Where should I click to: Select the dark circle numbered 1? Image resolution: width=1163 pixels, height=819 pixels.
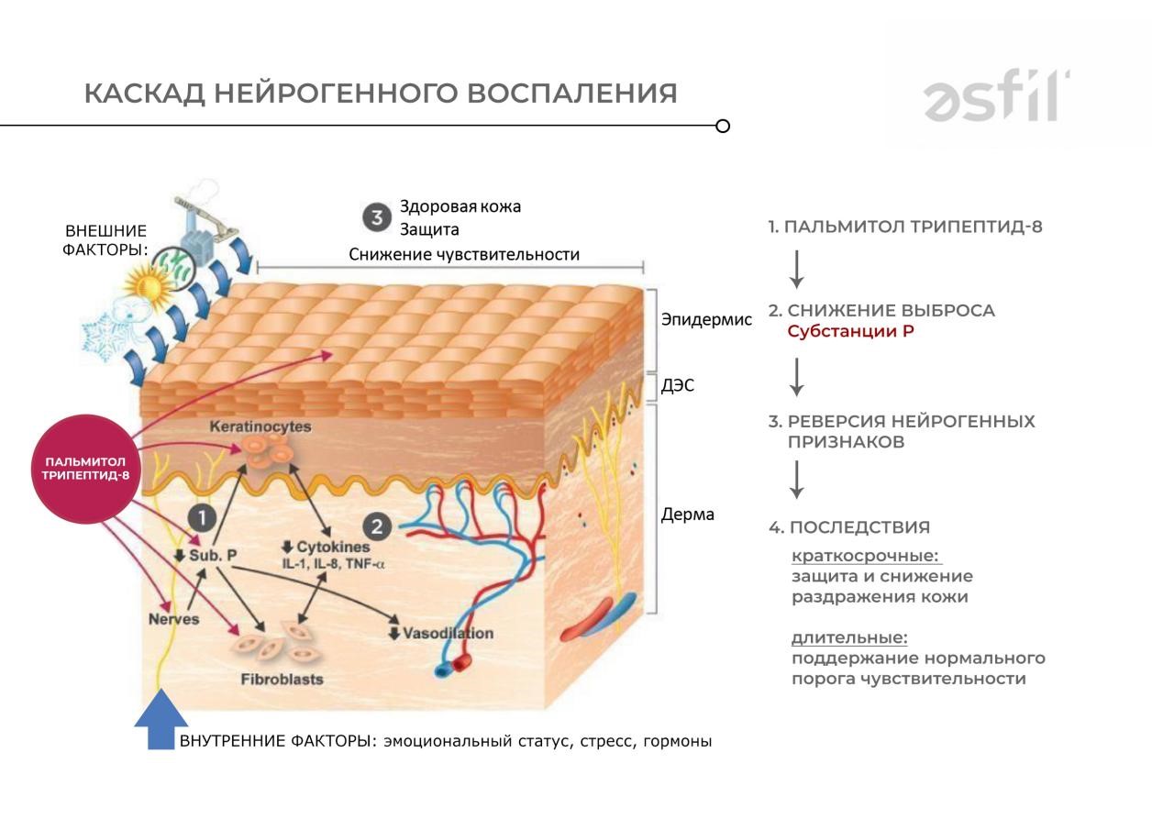202,519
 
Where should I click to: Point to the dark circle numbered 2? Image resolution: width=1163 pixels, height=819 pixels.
377,526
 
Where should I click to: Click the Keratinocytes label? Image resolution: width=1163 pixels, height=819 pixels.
260,427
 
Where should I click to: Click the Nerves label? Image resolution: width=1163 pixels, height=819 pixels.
173,619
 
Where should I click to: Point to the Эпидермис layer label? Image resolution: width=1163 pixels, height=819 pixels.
706,319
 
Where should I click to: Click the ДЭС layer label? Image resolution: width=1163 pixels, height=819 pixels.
678,385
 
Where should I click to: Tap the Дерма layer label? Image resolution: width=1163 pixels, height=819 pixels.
687,514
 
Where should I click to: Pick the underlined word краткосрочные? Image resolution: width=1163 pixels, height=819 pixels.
867,556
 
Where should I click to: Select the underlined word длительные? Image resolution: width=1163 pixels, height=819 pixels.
849,637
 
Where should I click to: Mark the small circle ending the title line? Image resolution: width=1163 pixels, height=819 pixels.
723,126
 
